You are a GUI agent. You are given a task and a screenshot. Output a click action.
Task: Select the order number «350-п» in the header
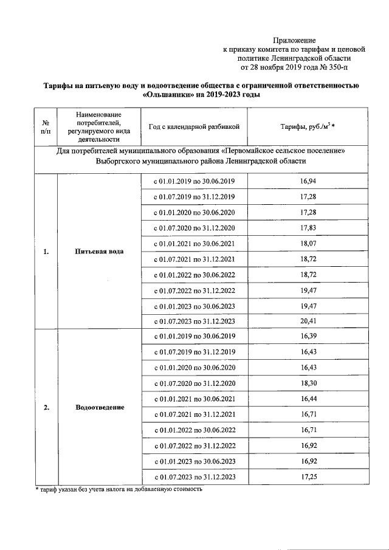(x=337, y=67)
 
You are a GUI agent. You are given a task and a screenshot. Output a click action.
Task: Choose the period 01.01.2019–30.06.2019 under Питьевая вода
(x=194, y=181)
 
